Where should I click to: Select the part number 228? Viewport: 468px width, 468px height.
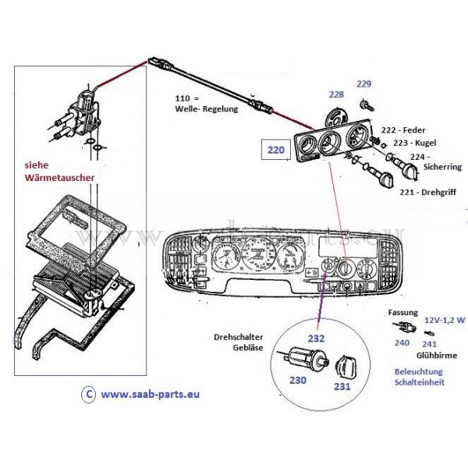(x=336, y=94)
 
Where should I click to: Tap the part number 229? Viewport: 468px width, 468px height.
(x=364, y=84)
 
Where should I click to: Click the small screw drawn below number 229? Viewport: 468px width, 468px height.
(x=365, y=103)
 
